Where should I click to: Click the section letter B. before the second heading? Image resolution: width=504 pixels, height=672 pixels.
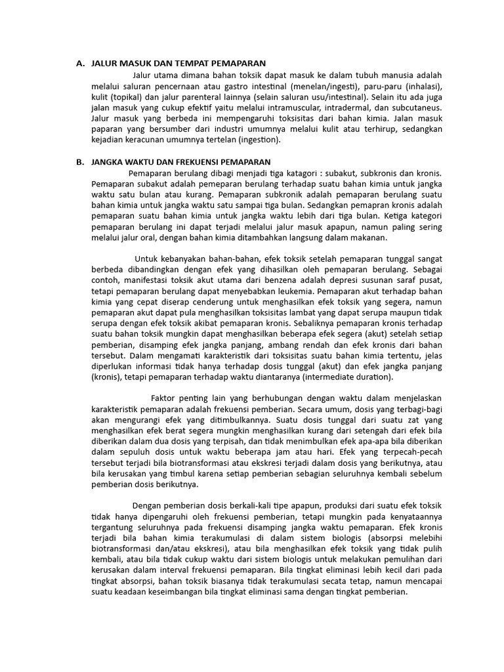[x=80, y=161]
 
